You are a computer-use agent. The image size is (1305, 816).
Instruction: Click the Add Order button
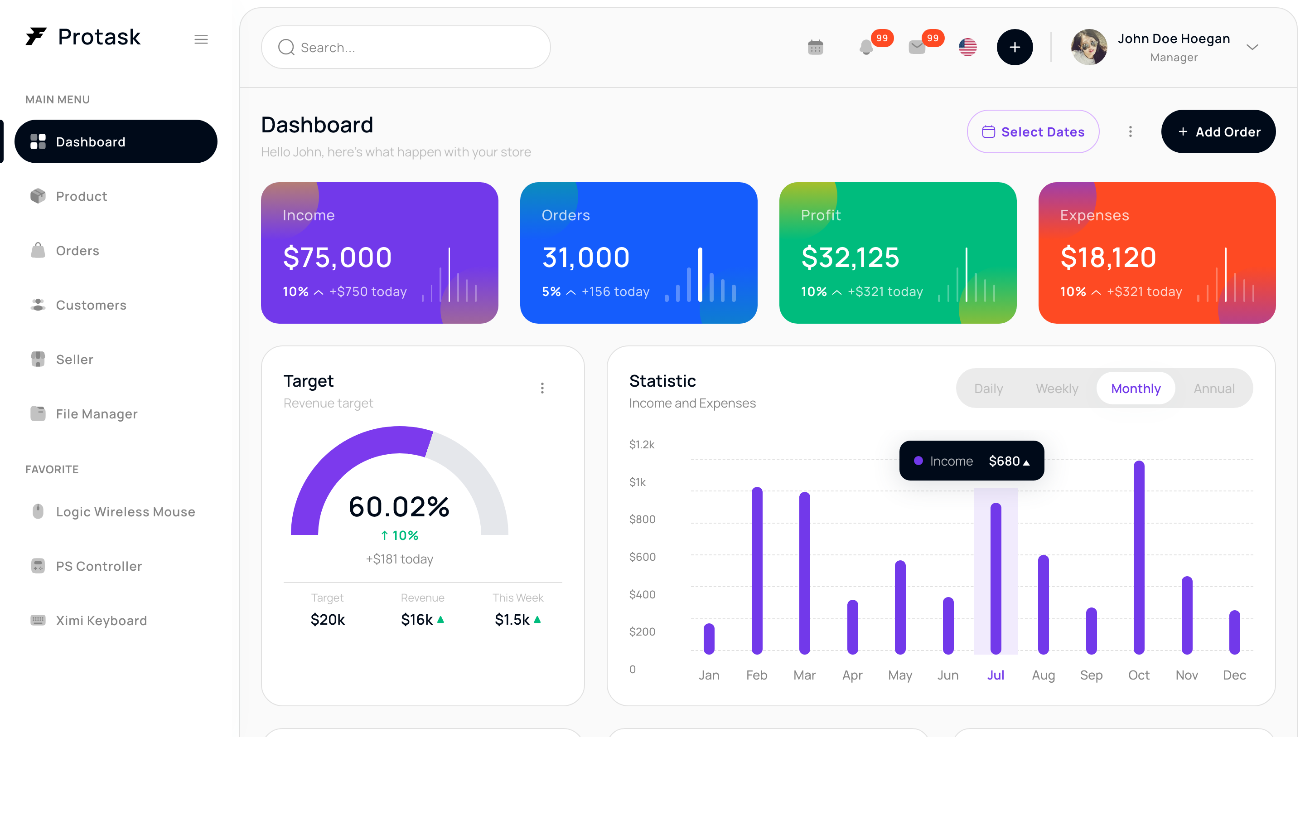(x=1218, y=131)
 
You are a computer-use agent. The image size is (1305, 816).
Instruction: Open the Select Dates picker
(x=1033, y=131)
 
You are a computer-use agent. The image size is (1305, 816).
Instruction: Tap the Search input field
(x=406, y=48)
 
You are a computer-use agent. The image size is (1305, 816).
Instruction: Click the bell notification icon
(x=866, y=48)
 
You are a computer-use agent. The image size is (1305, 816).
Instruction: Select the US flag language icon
(x=967, y=48)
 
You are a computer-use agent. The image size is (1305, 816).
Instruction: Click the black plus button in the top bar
(x=1015, y=48)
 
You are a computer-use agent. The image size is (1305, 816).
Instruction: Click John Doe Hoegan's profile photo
(x=1089, y=48)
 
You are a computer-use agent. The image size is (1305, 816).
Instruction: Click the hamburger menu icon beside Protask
(x=201, y=39)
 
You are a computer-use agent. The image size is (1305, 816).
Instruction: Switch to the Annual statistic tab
(x=1213, y=389)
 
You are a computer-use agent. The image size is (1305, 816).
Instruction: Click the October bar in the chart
(x=1138, y=558)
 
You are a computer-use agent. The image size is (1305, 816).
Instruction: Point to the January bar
(x=709, y=639)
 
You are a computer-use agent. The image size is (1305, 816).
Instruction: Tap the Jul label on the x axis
(x=995, y=675)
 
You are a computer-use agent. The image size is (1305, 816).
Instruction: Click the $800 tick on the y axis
(x=642, y=519)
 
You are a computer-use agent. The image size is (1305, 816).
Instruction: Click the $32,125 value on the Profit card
(x=850, y=257)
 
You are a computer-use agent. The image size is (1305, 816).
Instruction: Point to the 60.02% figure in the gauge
(x=399, y=506)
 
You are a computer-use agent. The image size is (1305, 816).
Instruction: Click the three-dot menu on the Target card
(x=542, y=388)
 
